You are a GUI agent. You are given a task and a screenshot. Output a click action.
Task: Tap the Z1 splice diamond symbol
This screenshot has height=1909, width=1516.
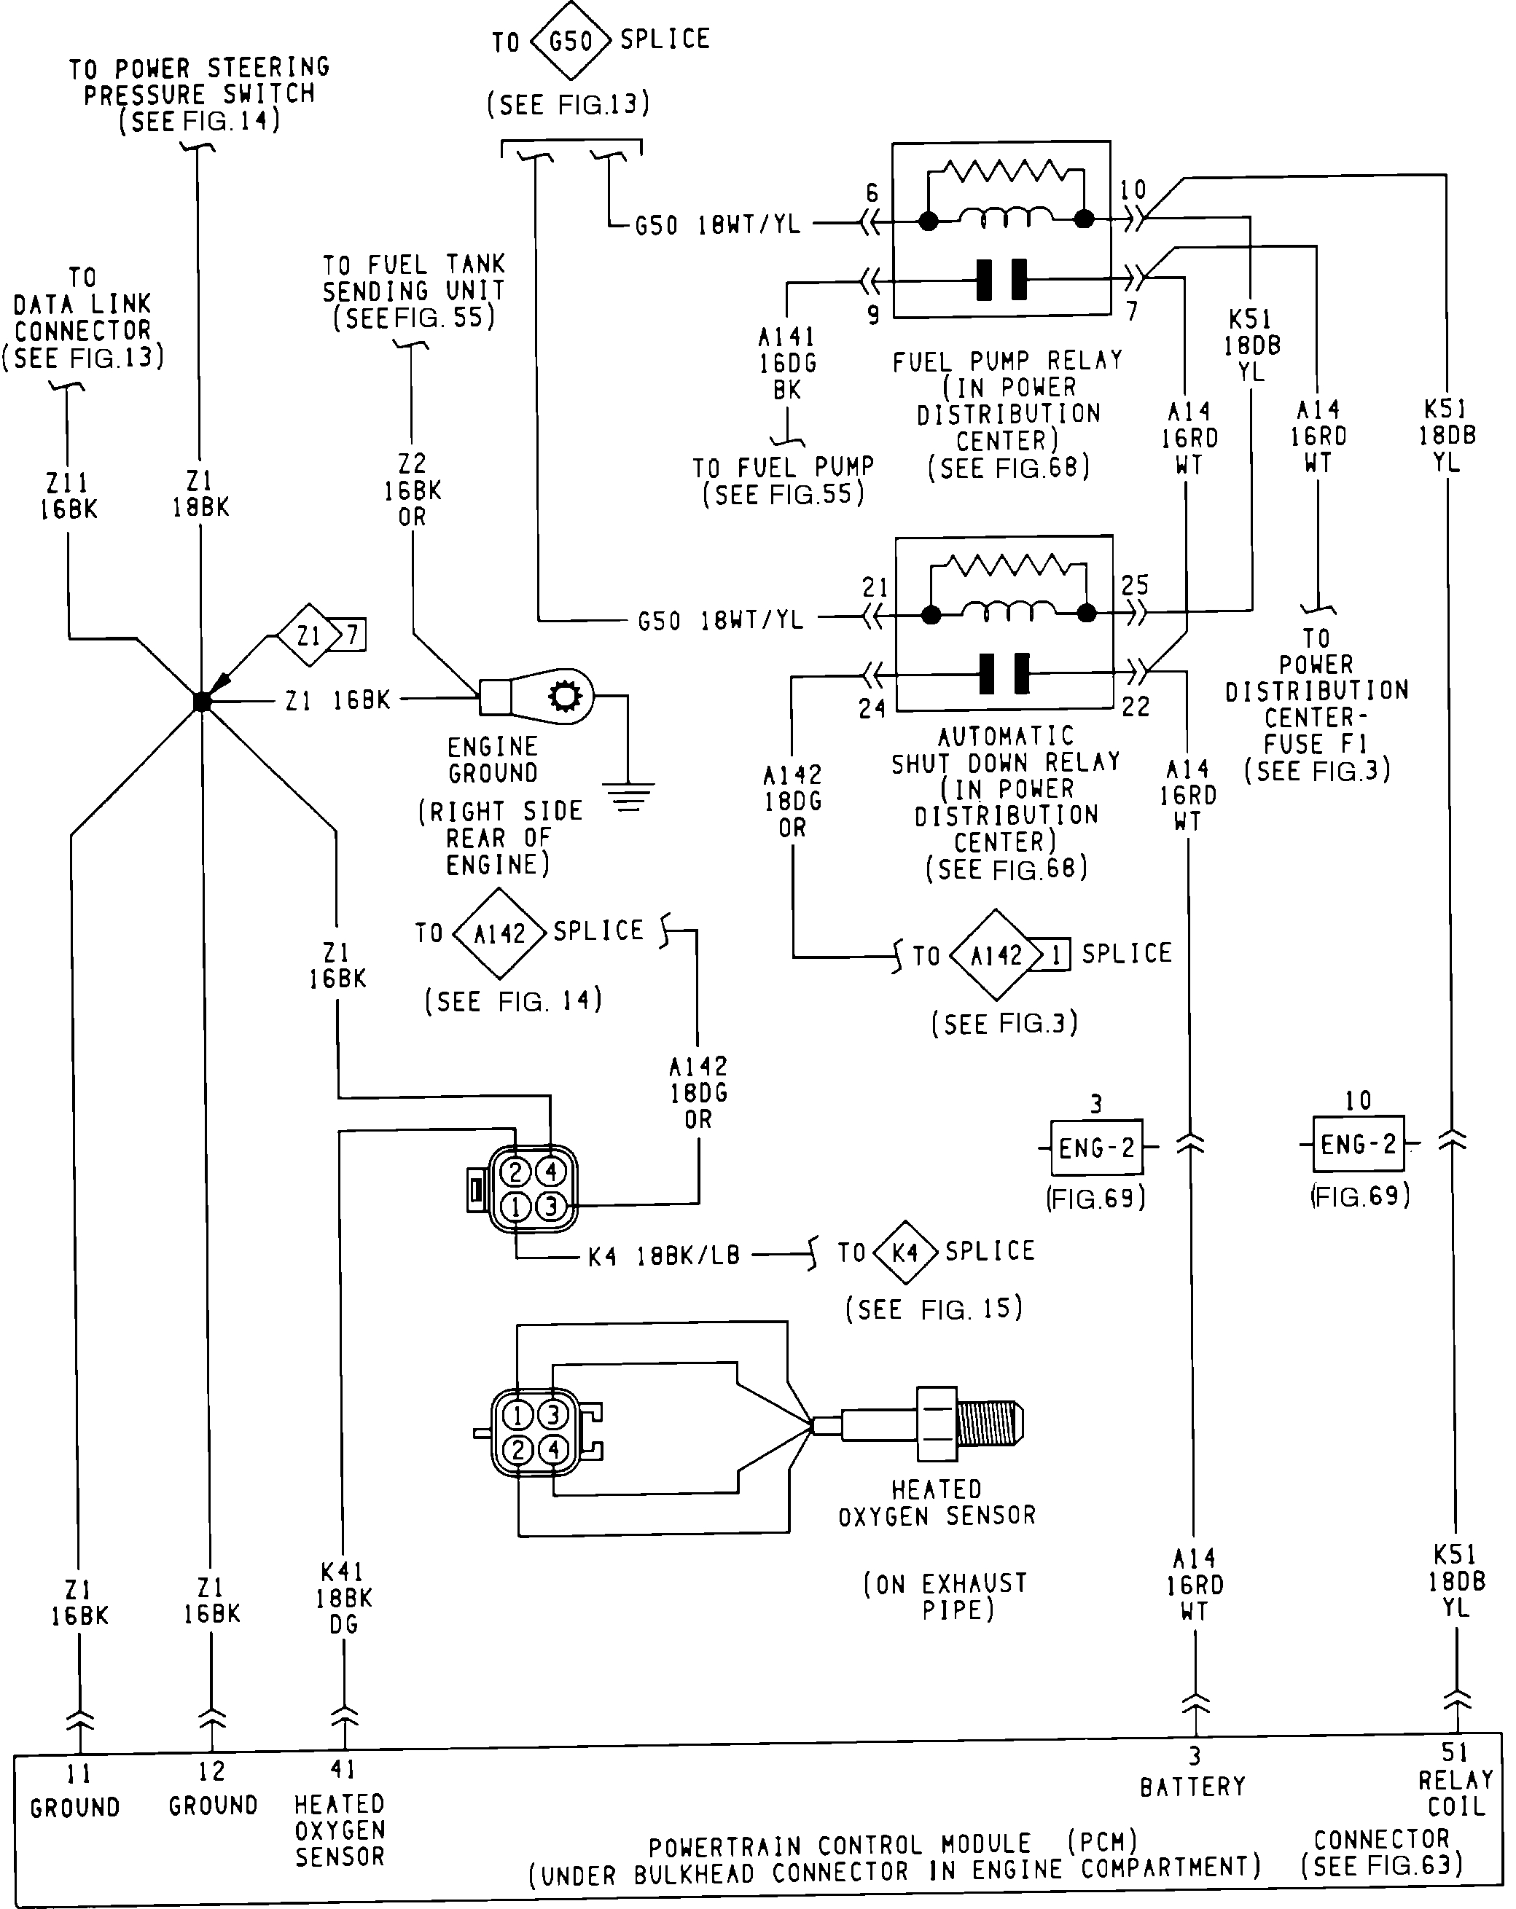click(309, 635)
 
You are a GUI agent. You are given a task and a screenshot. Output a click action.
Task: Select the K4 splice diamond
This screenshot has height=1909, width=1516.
click(904, 1252)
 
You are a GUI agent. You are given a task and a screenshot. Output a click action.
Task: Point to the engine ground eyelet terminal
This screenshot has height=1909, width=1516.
click(536, 696)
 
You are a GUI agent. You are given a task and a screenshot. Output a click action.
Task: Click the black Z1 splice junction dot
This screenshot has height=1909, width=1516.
click(202, 701)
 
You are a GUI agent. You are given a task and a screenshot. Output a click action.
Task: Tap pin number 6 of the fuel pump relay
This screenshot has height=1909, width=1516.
click(872, 193)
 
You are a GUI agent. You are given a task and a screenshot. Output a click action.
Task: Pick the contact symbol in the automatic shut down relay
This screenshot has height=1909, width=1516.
click(1005, 674)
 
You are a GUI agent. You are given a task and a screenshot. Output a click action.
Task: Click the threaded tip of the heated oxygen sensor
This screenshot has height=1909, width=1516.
click(991, 1424)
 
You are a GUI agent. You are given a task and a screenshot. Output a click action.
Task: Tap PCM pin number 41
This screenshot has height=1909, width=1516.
click(343, 1768)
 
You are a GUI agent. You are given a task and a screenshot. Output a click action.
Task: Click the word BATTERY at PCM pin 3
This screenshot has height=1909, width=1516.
click(1193, 1786)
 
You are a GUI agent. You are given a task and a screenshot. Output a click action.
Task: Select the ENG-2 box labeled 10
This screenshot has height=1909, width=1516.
click(1359, 1144)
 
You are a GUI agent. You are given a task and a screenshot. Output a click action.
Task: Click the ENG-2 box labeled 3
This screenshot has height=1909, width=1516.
click(1096, 1148)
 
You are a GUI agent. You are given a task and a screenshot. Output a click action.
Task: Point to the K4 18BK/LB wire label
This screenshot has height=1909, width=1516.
click(664, 1255)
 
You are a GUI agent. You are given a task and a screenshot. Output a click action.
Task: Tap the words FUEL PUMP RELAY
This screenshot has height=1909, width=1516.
click(1008, 361)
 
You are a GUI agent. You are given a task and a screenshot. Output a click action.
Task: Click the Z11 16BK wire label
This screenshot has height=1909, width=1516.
click(69, 496)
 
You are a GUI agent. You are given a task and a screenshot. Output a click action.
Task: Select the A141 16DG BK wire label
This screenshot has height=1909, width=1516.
click(787, 363)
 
